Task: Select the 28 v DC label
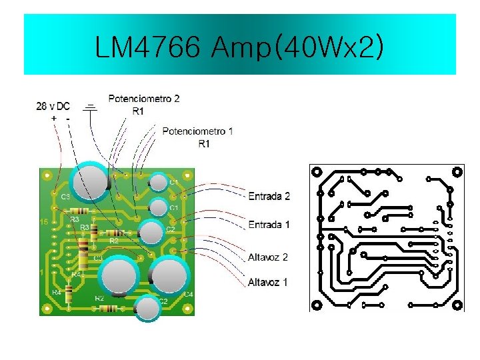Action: click(x=53, y=106)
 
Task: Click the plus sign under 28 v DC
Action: click(x=53, y=118)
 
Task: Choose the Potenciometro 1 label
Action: click(x=197, y=131)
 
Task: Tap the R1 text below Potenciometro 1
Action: click(x=204, y=143)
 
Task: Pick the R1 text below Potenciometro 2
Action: click(x=137, y=111)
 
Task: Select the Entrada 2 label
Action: click(x=269, y=197)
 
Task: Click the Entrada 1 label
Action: click(x=269, y=225)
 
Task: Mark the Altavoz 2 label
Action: click(x=267, y=257)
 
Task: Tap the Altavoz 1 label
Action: click(x=267, y=283)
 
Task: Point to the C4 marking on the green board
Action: click(x=189, y=294)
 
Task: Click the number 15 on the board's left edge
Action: click(x=43, y=221)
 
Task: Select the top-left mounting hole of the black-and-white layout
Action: click(x=317, y=171)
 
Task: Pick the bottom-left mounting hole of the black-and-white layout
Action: click(x=317, y=305)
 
